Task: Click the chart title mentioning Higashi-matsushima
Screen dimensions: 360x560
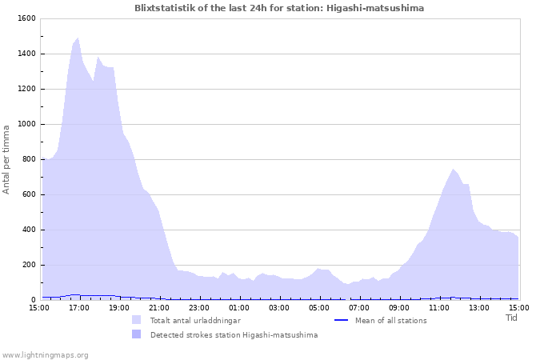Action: point(279,8)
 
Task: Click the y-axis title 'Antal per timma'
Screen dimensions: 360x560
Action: point(6,159)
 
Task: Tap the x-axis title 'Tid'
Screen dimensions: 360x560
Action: point(511,318)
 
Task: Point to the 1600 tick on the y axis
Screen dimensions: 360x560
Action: point(26,18)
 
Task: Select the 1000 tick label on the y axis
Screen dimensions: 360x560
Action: point(26,124)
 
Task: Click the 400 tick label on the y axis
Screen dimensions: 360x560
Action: point(29,230)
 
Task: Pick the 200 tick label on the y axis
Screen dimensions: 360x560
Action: point(29,265)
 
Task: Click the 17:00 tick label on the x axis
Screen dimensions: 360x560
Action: point(79,307)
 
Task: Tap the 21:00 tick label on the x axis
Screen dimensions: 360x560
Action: point(159,307)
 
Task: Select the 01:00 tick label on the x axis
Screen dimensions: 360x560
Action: point(239,307)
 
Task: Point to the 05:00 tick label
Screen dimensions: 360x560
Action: point(319,307)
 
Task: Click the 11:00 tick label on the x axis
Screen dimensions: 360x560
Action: point(439,307)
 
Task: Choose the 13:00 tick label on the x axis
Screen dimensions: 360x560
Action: point(479,307)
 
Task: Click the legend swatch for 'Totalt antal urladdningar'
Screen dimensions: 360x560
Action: point(137,320)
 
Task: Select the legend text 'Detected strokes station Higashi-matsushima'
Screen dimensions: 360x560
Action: point(234,335)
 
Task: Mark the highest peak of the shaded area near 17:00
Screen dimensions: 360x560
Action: point(78,38)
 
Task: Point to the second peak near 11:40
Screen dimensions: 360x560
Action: point(453,170)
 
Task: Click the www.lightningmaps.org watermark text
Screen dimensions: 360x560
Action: point(46,354)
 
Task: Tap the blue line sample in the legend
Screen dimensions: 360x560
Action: point(341,320)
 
